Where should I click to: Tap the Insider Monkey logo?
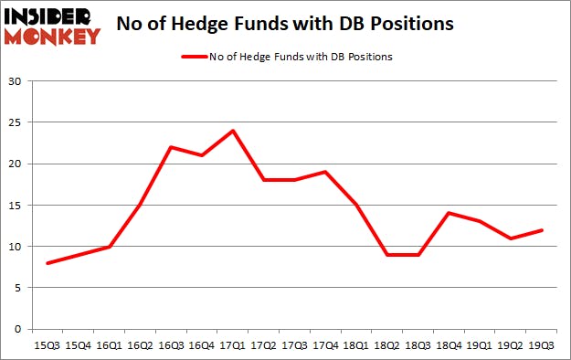tap(51, 25)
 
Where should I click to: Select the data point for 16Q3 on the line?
tap(171, 147)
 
